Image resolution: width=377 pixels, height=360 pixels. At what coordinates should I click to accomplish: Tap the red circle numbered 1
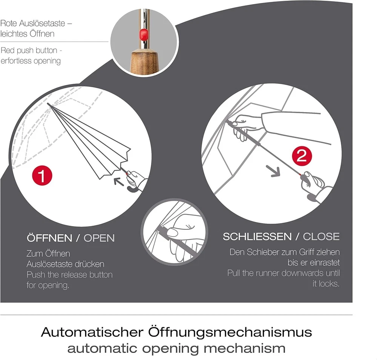tap(42, 176)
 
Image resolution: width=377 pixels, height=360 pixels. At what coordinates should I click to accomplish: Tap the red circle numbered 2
tap(302, 156)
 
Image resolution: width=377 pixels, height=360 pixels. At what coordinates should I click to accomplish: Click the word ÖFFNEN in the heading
tap(49, 238)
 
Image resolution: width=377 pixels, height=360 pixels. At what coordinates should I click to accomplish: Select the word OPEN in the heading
tap(99, 238)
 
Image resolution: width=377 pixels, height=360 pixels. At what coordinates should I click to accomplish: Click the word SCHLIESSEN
tap(257, 237)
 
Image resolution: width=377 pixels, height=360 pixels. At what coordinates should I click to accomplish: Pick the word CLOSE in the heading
tap(321, 237)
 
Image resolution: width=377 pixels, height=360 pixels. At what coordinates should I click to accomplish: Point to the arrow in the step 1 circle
tap(119, 182)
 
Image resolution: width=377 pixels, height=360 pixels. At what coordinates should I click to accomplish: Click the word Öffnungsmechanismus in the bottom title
tap(230, 332)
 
